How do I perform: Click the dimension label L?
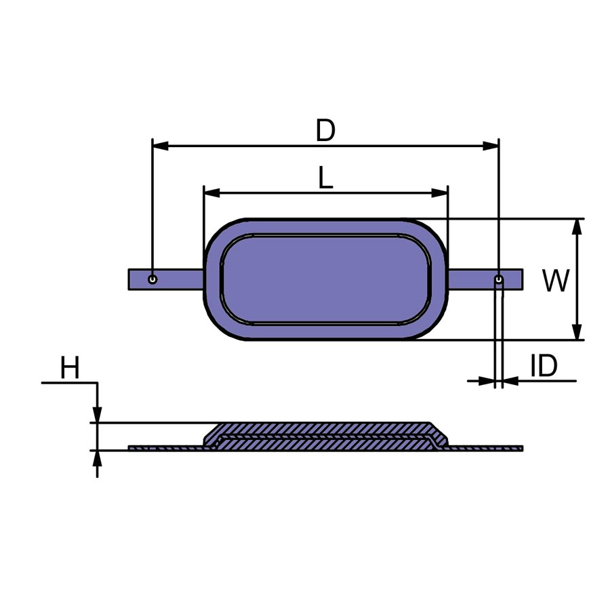325,178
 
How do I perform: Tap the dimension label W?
556,281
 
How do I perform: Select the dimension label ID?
544,366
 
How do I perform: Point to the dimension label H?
70,367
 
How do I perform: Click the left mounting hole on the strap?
152,279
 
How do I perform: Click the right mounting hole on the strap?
499,279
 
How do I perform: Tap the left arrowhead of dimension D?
160,146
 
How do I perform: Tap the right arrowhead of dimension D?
491,146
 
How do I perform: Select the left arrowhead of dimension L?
212,192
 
